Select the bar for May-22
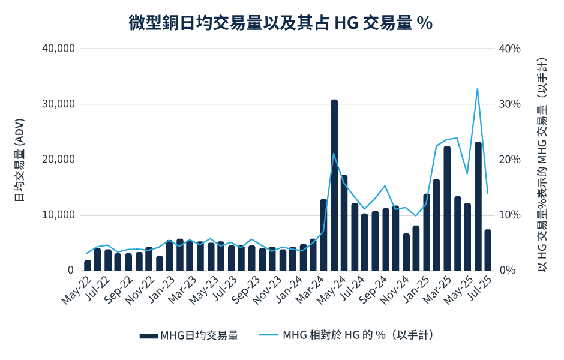[88, 265]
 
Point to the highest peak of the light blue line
[477, 89]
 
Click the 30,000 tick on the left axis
[58, 104]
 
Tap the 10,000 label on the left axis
[58, 215]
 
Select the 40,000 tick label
[58, 49]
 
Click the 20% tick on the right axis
[509, 160]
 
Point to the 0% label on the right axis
[507, 271]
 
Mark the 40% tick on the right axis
[509, 49]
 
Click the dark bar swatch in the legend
[148, 336]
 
